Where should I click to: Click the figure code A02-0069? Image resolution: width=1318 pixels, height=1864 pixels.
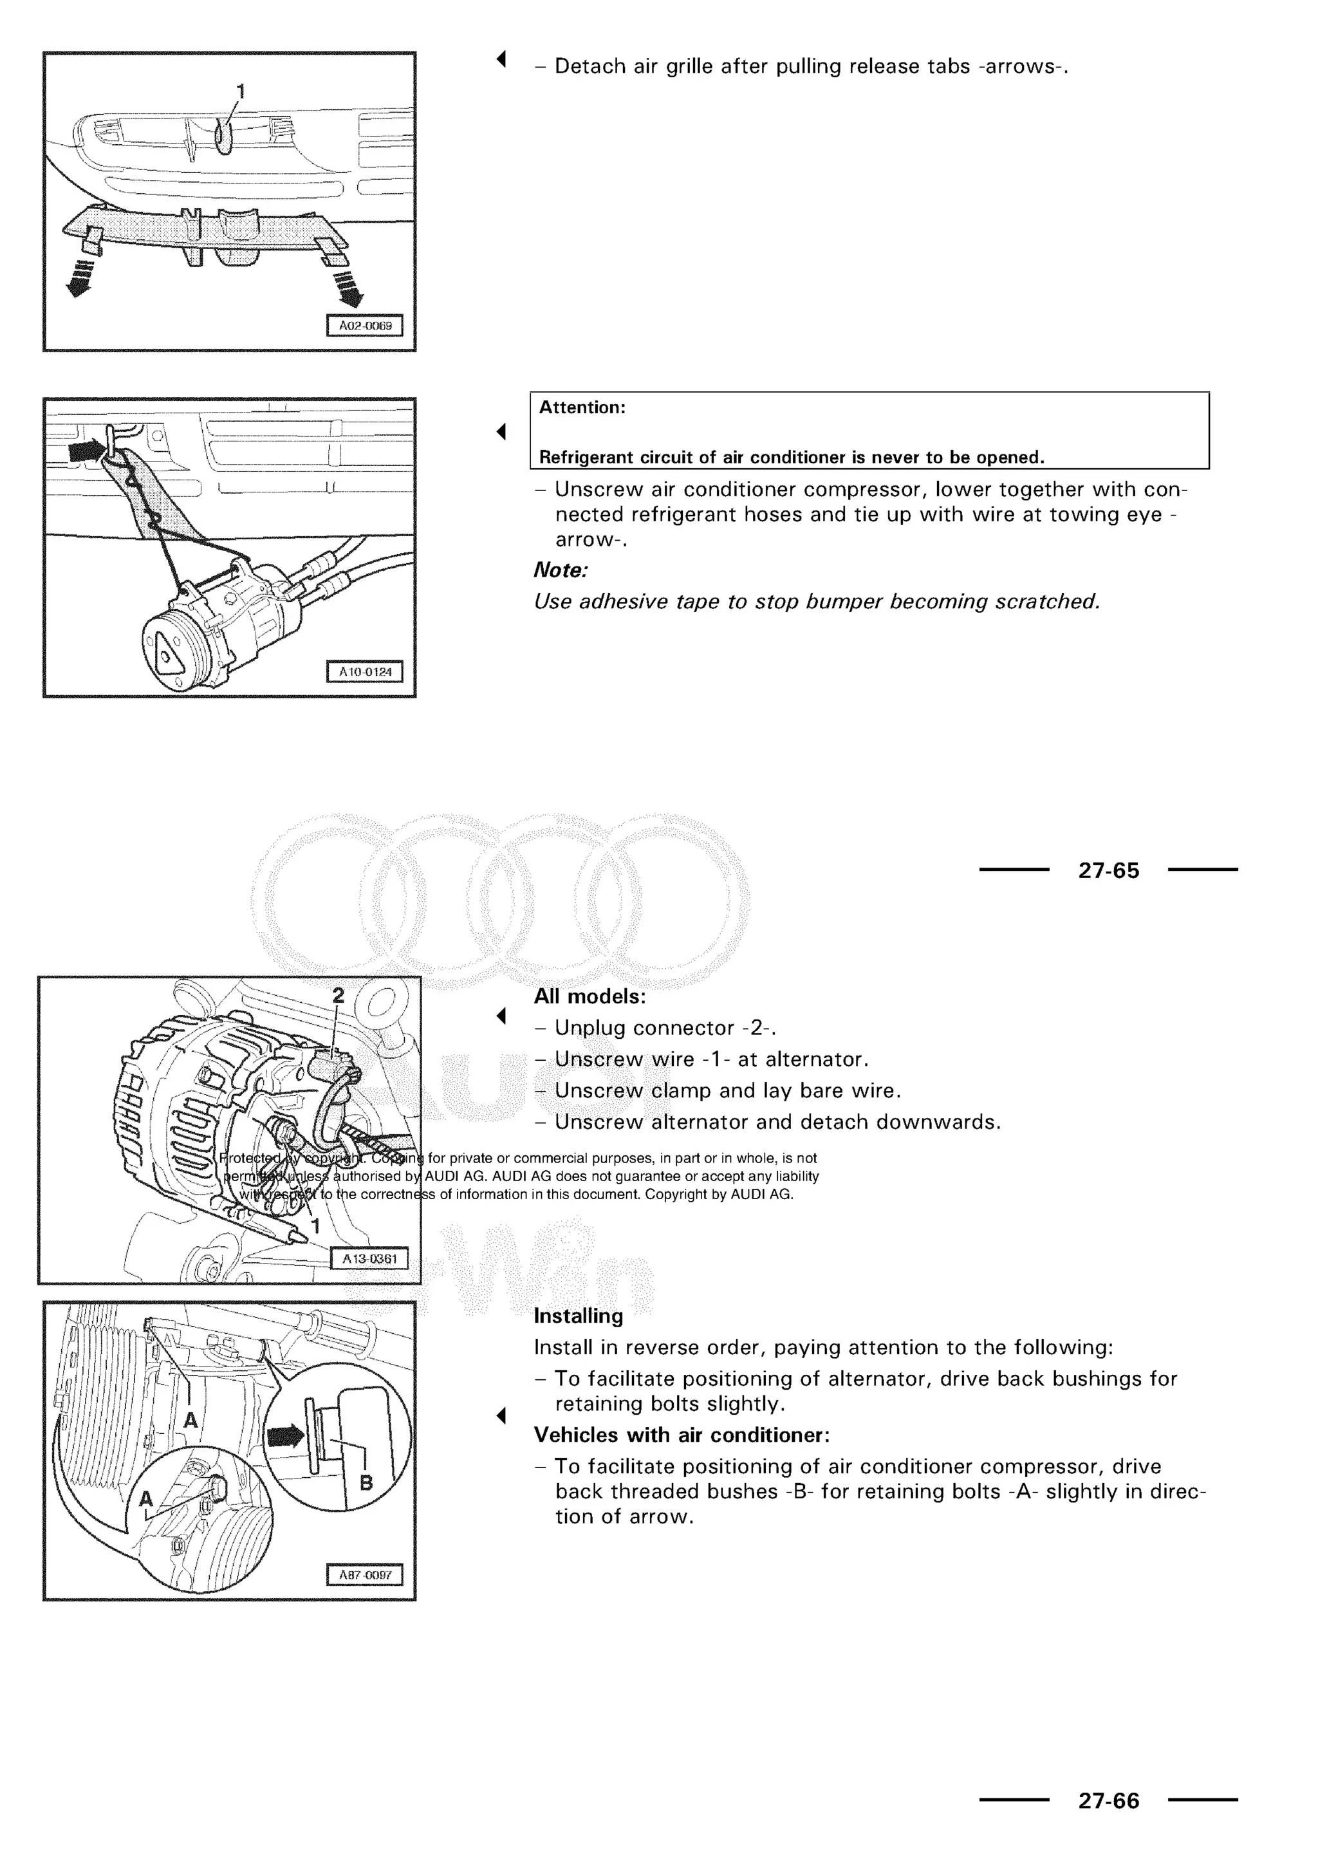coord(364,326)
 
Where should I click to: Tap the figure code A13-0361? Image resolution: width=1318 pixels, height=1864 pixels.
coord(369,1258)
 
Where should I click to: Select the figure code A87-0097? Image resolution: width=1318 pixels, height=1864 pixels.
coord(364,1575)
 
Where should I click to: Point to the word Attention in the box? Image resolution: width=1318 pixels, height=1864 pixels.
coord(582,407)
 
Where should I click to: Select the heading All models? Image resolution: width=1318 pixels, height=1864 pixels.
coord(589,996)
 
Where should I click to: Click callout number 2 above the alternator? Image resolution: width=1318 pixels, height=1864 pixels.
coord(339,995)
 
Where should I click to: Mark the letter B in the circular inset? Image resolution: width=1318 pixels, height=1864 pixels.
coord(366,1483)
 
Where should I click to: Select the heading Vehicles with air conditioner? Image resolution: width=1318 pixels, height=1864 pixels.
coord(681,1435)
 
